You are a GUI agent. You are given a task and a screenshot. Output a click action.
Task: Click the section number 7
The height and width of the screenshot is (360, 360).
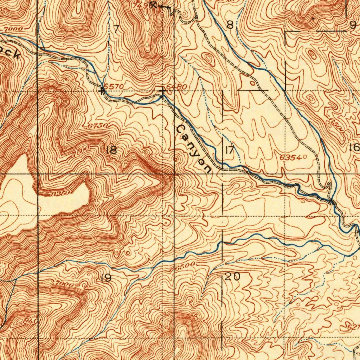click(x=116, y=29)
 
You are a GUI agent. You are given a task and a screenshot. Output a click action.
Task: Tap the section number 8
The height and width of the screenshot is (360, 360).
click(x=230, y=25)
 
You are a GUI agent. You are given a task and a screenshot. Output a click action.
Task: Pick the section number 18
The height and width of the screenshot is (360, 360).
click(x=111, y=150)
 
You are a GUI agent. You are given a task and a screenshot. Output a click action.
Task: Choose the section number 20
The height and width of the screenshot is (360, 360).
click(x=232, y=277)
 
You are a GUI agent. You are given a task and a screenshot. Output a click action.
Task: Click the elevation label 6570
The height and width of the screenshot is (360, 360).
click(x=115, y=86)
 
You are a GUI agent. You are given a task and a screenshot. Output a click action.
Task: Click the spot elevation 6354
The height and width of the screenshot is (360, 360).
click(x=290, y=158)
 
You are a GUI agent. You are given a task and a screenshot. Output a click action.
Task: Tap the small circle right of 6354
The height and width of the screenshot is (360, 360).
click(x=304, y=157)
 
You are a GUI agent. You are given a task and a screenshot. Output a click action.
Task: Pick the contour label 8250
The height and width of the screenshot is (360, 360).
click(x=59, y=193)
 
